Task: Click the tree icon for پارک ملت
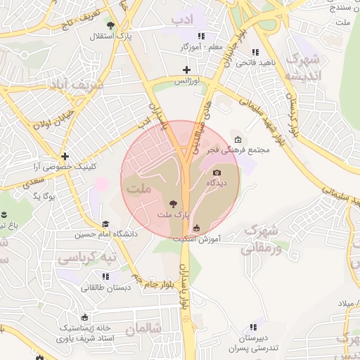pyautogui.click(x=174, y=203)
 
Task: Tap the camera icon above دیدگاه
pyautogui.click(x=217, y=173)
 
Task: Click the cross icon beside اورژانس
pyautogui.click(x=186, y=70)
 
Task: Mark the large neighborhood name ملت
pyautogui.click(x=141, y=188)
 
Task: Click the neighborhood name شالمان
pyautogui.click(x=144, y=328)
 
